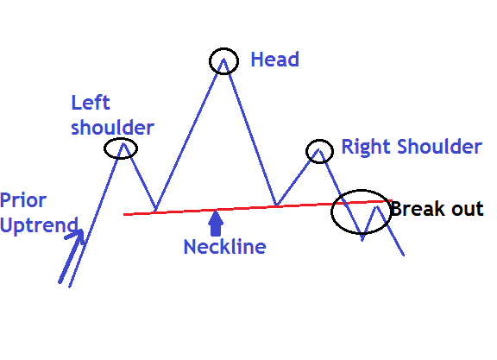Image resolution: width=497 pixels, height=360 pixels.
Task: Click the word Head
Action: tap(274, 60)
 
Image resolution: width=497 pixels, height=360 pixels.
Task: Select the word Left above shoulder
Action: tap(91, 103)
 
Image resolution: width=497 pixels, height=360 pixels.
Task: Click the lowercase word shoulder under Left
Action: tap(112, 128)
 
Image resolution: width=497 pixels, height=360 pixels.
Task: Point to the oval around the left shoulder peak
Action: tap(104, 148)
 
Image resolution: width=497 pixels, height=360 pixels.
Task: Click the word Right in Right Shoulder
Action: tap(367, 148)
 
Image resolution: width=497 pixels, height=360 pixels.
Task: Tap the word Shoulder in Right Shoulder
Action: tap(440, 147)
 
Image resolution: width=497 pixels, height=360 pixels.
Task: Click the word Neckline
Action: tap(225, 247)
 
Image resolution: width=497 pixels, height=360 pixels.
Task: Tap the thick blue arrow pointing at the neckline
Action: tap(216, 224)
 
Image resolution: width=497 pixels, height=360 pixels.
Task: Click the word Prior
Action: tap(23, 201)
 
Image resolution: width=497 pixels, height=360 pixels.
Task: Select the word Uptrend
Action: tap(39, 226)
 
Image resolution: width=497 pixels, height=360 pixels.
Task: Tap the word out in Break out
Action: tap(468, 210)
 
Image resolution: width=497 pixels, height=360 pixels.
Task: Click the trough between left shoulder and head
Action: tap(155, 211)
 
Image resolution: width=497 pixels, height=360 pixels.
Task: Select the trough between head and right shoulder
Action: tap(276, 205)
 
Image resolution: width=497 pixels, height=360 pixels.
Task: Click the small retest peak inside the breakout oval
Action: tap(377, 207)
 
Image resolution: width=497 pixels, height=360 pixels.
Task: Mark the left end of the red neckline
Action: tap(124, 215)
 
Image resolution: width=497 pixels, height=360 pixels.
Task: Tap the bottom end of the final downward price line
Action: tap(404, 255)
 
